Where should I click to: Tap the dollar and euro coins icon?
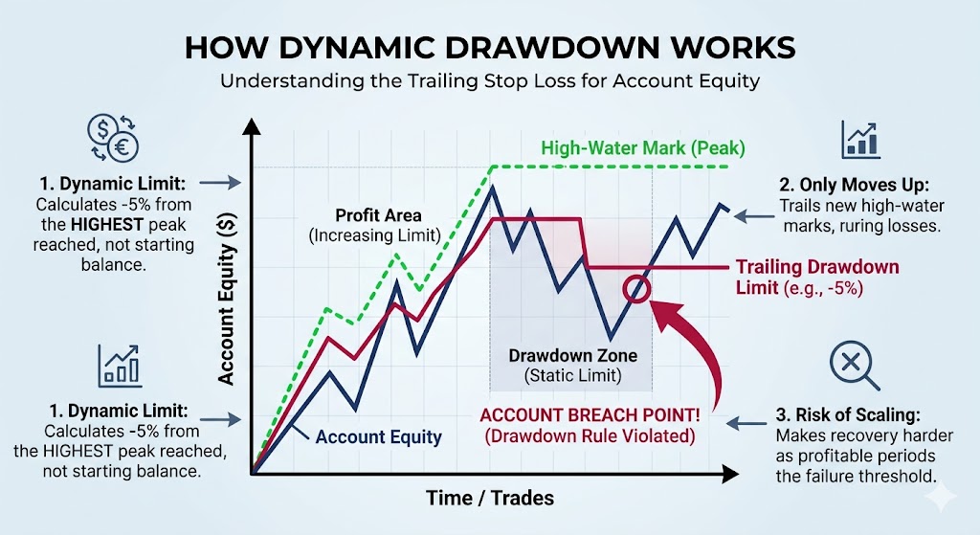pyautogui.click(x=113, y=138)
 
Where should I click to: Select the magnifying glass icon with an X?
pyautogui.click(x=854, y=365)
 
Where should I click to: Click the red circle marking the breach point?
pyautogui.click(x=636, y=289)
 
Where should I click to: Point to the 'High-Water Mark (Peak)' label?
pyautogui.click(x=643, y=148)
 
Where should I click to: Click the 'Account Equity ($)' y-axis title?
pyautogui.click(x=226, y=299)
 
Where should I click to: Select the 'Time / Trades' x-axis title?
pyautogui.click(x=490, y=498)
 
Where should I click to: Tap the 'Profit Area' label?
pyautogui.click(x=378, y=215)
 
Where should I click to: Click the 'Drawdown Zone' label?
pyautogui.click(x=572, y=356)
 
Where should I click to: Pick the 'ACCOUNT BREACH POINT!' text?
pyautogui.click(x=590, y=415)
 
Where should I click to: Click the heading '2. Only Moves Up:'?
pyautogui.click(x=854, y=185)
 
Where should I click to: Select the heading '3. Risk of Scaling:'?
pyautogui.click(x=848, y=415)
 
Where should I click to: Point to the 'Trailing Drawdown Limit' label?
pyautogui.click(x=817, y=277)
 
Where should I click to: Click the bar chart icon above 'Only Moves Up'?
pyautogui.click(x=860, y=140)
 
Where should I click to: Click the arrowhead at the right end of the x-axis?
pyautogui.click(x=731, y=474)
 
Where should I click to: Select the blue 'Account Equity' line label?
pyautogui.click(x=378, y=436)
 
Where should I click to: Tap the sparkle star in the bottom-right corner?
pyautogui.click(x=942, y=497)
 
